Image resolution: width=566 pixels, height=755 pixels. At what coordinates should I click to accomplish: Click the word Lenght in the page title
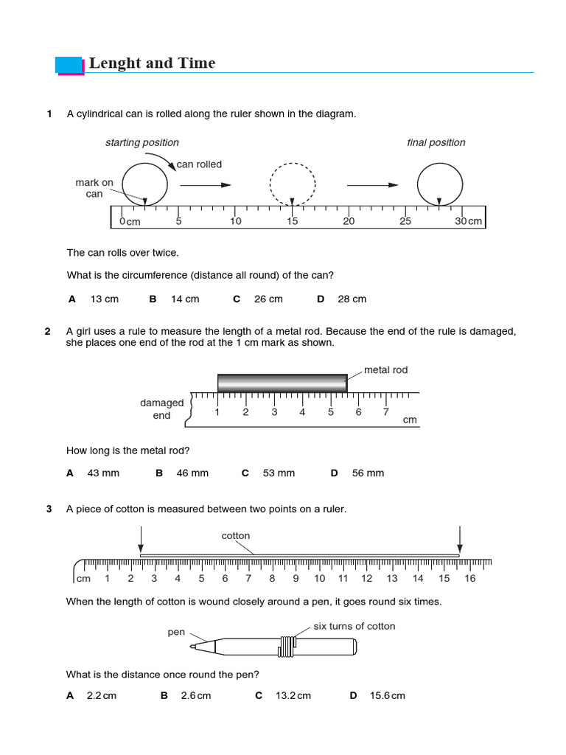click(x=115, y=63)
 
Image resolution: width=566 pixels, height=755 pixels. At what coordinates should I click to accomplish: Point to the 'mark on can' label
click(x=94, y=188)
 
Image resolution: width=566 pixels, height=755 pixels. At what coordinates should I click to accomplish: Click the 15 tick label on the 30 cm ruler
click(x=293, y=221)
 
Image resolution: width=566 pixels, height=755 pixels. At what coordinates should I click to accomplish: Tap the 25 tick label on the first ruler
click(x=405, y=221)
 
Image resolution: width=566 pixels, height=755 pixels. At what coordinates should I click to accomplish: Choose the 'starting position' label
click(x=141, y=142)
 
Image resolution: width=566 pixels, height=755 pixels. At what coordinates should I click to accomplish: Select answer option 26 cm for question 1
click(x=268, y=299)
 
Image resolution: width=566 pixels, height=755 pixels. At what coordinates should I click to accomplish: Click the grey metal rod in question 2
click(x=282, y=383)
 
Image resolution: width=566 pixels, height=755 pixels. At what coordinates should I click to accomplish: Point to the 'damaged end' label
click(x=161, y=409)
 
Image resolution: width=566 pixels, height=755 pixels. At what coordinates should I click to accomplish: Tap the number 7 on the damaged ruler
click(x=385, y=412)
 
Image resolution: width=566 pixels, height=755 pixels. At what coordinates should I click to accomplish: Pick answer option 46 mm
click(x=192, y=473)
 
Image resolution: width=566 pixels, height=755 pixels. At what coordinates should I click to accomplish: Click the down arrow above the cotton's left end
click(x=141, y=538)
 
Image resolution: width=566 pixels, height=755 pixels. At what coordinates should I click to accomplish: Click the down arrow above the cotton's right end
click(x=460, y=538)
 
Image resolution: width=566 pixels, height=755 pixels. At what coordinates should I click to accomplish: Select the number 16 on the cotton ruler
click(x=469, y=579)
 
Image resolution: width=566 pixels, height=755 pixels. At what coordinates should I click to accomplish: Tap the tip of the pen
click(x=192, y=647)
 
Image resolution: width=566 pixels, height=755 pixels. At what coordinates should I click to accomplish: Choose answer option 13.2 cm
click(x=293, y=696)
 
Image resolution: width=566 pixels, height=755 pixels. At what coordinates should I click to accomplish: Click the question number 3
click(x=49, y=509)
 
